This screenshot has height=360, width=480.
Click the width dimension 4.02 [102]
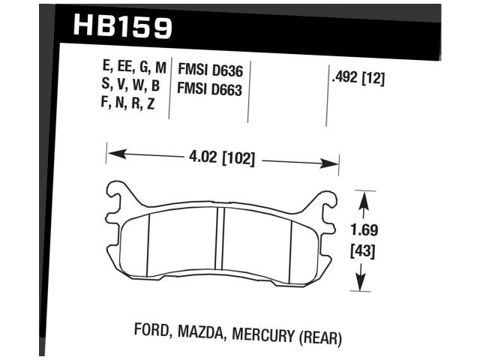point(223,159)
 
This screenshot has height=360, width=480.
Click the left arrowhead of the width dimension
point(112,156)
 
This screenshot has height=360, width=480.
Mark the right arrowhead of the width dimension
point(334,162)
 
